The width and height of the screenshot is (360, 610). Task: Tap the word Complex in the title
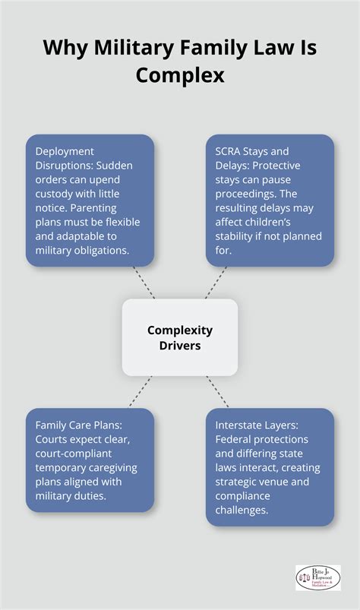click(180, 76)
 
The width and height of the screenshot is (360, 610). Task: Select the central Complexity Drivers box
click(180, 337)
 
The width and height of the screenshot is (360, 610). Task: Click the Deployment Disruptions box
click(90, 200)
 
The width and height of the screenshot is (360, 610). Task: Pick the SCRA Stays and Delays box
click(270, 200)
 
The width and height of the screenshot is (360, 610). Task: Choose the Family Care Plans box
click(90, 460)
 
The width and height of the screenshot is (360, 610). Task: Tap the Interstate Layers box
click(270, 466)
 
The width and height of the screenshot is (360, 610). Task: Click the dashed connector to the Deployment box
click(144, 282)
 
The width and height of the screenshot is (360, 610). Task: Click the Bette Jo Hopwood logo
click(317, 577)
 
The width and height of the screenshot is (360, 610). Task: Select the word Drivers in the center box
click(180, 344)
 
